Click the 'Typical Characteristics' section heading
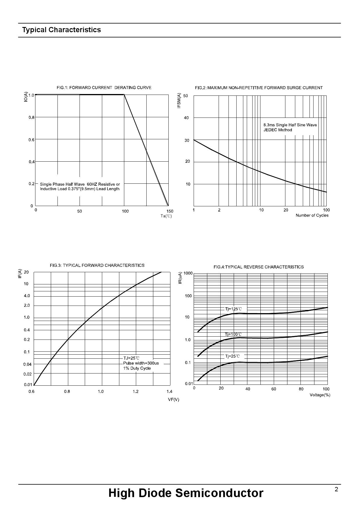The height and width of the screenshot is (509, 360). pos(62,30)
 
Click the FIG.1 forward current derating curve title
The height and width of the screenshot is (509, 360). pos(104,88)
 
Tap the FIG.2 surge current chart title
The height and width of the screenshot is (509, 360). pos(259,88)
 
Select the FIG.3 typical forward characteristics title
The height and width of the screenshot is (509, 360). pos(97,265)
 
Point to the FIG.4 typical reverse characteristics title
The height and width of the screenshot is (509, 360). pos(258,267)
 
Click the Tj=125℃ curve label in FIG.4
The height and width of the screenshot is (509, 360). pos(233,309)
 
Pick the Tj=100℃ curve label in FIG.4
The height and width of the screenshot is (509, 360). pos(233,334)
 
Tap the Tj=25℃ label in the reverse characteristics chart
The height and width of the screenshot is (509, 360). pos(233,356)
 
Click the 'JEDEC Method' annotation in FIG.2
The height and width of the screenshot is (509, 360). pos(278,130)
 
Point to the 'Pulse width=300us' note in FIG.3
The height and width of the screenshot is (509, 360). pos(141,363)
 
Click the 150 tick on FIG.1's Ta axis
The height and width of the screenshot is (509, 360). pos(170,211)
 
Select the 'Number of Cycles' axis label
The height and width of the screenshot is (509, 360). pos(312,215)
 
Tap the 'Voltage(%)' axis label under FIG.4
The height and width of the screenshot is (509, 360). pos(320,395)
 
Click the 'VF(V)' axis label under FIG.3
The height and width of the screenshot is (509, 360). pos(174,400)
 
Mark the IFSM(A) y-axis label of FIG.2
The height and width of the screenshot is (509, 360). pos(179,101)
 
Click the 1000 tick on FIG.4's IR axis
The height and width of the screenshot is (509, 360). pos(188,273)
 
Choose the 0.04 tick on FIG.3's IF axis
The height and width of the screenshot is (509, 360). pos(28,364)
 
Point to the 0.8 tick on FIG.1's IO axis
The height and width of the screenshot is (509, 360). pos(31,118)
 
